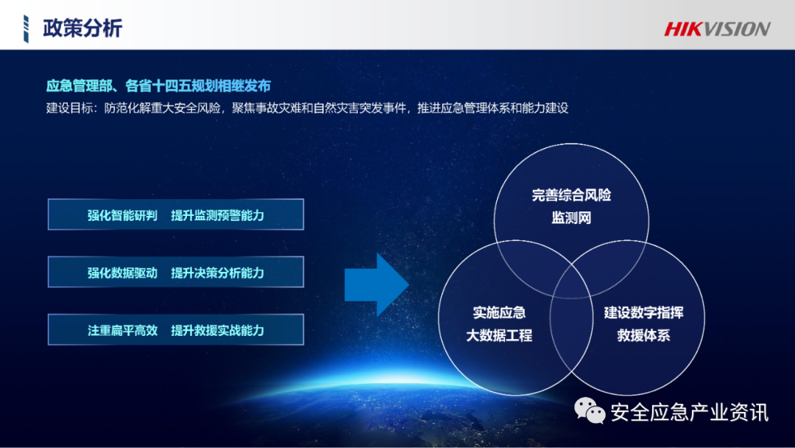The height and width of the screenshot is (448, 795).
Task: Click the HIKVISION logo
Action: [717, 29]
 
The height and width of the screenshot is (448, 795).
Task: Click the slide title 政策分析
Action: [82, 28]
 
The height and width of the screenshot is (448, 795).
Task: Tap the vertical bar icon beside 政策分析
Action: [27, 28]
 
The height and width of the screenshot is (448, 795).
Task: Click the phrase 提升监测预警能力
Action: [217, 216]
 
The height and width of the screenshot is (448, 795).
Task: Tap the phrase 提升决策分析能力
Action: [217, 273]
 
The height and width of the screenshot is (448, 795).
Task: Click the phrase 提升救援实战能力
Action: [217, 330]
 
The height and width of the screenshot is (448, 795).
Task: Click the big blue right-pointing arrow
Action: [376, 284]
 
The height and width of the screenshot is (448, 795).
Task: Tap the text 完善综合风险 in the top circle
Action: [571, 195]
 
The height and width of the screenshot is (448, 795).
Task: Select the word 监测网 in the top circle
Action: [571, 218]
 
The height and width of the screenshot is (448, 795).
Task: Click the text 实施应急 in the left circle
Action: [499, 312]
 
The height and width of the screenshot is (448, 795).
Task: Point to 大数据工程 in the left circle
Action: [499, 336]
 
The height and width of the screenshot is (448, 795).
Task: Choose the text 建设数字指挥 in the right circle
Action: [643, 312]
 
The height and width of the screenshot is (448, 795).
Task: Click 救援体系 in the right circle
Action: [643, 336]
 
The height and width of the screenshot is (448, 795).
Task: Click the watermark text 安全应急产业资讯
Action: [689, 413]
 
